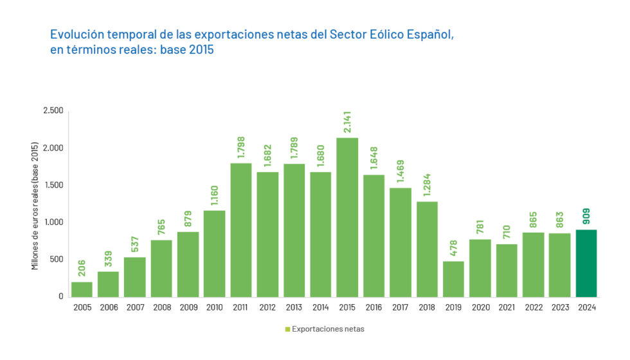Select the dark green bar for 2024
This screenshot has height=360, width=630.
586,264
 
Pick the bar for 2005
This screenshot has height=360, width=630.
82,289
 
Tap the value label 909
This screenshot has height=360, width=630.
586,215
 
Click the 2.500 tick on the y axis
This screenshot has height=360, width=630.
53,111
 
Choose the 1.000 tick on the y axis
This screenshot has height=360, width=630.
53,222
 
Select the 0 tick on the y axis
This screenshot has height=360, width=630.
60,297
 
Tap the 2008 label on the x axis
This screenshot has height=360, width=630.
161,308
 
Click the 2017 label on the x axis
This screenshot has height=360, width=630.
401,308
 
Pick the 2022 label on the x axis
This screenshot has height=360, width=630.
533,308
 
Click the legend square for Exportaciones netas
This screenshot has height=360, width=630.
287,329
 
